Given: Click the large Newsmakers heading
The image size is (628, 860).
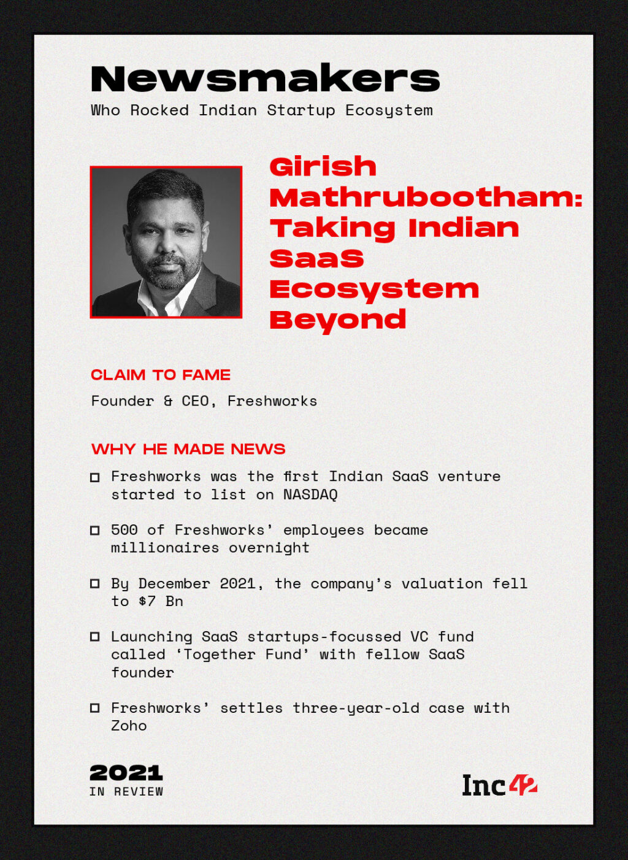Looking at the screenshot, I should point(265,79).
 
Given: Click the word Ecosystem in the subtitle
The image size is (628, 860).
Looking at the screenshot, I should point(389,110).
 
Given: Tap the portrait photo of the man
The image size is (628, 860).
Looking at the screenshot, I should point(166,242).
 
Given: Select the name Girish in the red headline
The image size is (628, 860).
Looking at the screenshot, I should point(323,167).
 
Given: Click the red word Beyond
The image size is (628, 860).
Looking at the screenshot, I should point(338,320).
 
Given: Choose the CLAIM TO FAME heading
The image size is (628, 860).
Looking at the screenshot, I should point(161,375).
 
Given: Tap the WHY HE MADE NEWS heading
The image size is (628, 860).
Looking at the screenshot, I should point(188,449).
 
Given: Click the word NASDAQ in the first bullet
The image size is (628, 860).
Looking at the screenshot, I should point(310,495).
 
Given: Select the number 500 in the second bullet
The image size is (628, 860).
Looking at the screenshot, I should point(124,530).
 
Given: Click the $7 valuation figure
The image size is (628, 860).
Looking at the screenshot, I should point(147,601).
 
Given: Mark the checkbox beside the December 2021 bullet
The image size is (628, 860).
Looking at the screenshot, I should point(95,583).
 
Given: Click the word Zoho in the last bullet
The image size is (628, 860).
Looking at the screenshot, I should point(129,726).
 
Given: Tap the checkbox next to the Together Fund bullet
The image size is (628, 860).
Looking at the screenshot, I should point(95,637).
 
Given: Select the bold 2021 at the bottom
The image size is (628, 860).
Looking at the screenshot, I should point(126,773).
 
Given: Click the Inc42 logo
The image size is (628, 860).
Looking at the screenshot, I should point(499,785).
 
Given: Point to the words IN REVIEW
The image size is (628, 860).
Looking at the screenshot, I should point(126,792).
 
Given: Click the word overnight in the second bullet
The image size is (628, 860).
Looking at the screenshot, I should point(269,548).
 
